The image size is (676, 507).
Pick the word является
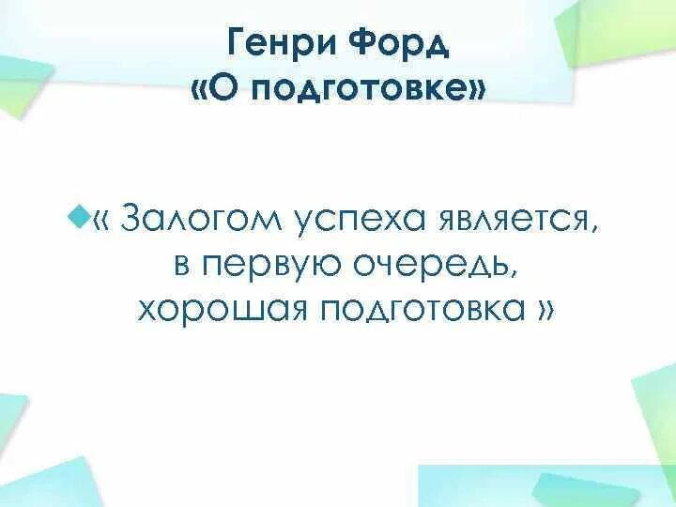pyautogui.click(x=512, y=222)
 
